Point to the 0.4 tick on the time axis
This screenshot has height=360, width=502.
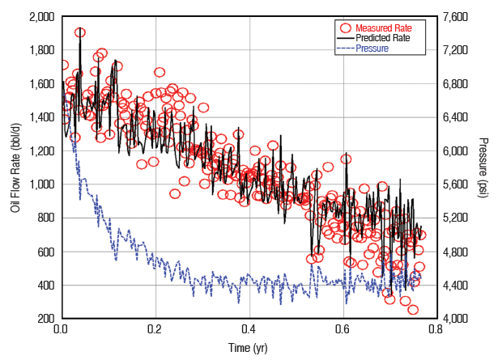[x=249, y=330]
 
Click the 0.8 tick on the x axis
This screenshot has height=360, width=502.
[x=436, y=330]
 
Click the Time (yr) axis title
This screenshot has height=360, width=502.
[x=249, y=348]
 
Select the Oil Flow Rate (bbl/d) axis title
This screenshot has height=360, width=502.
[x=15, y=167]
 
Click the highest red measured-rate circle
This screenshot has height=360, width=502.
[x=80, y=32]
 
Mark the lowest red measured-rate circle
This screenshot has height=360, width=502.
[x=413, y=309]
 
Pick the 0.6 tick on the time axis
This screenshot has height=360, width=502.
[x=342, y=330]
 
